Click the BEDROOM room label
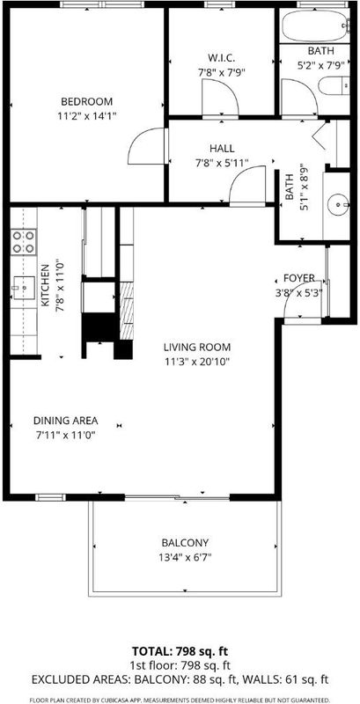click(86, 101)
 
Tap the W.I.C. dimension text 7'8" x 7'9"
click(222, 72)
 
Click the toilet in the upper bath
click(334, 85)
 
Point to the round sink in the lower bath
click(338, 206)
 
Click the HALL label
click(222, 149)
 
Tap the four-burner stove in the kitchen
click(24, 242)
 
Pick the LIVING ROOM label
click(197, 347)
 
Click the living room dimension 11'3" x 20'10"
click(197, 361)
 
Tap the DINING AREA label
click(65, 421)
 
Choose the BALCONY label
click(185, 543)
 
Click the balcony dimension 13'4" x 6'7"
click(185, 557)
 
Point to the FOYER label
click(299, 278)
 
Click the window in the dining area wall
click(50, 497)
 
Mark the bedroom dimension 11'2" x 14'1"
click(86, 116)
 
